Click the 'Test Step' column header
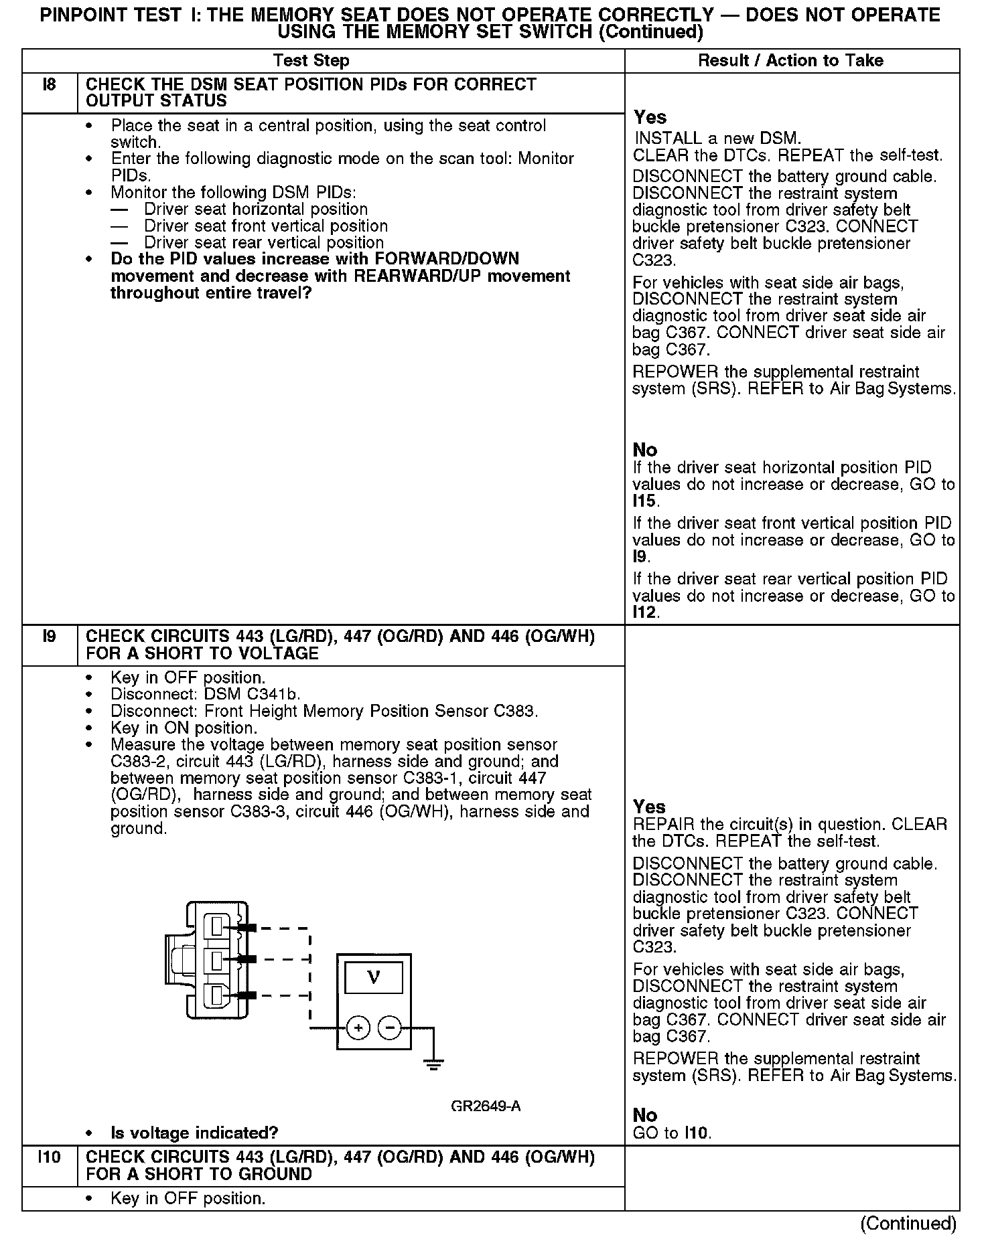pos(311,61)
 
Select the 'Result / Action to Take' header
pos(790,61)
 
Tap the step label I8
pos(49,85)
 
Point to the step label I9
pos(49,637)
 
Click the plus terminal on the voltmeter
pos(358,1028)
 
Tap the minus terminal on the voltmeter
pos(390,1028)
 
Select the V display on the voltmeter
pos(374,978)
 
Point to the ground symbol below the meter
pos(433,1064)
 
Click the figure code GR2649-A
pos(486,1106)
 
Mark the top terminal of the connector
pos(218,926)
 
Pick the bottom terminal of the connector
pos(218,996)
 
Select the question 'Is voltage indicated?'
pos(194,1133)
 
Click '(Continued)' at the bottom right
pos(908,1224)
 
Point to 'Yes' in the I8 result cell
pos(650,118)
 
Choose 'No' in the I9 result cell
pos(645,1115)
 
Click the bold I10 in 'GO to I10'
pos(697,1133)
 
